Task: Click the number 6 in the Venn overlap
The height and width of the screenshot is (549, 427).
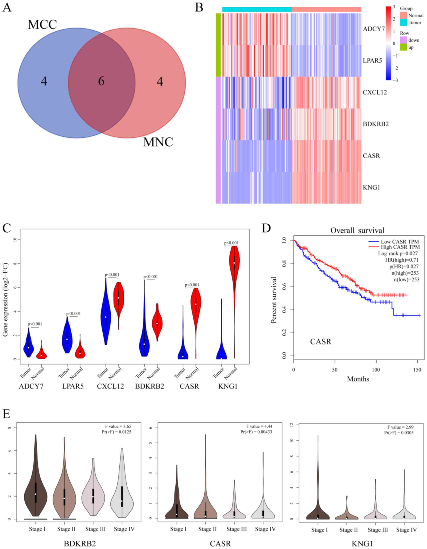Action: [x=101, y=81]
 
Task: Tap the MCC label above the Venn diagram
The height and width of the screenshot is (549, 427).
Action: [x=42, y=25]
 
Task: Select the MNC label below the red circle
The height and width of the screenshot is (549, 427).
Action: [x=158, y=142]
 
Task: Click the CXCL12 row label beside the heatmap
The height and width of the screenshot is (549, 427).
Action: [x=374, y=92]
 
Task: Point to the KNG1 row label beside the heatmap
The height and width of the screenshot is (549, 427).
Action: [x=371, y=188]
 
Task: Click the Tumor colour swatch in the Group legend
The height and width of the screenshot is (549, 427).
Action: [x=403, y=23]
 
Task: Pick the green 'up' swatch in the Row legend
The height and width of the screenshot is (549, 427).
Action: [x=403, y=47]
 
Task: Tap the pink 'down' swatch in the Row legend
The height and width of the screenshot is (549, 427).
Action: [x=403, y=40]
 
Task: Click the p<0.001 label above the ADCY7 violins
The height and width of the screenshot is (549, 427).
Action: [x=35, y=324]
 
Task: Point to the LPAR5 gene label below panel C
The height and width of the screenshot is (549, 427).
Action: [x=73, y=386]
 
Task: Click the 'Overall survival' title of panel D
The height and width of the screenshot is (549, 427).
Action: [x=357, y=231]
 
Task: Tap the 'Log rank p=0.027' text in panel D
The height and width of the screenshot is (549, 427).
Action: [x=398, y=253]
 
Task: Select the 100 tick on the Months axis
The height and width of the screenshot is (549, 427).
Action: [x=376, y=370]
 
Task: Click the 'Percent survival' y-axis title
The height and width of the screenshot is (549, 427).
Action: [x=274, y=300]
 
